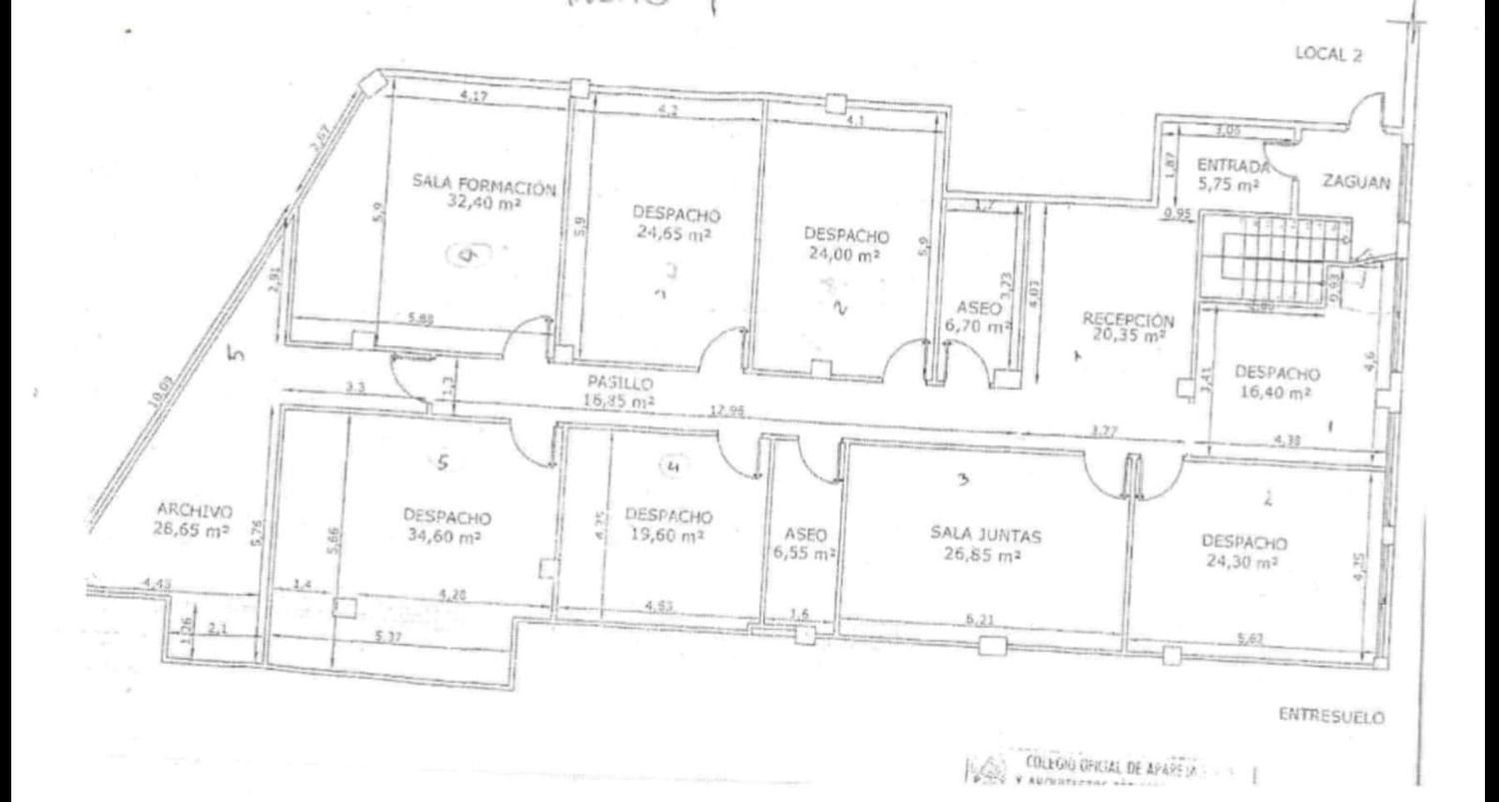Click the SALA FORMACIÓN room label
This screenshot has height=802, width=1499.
[484, 185]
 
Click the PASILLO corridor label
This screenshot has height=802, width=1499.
[620, 384]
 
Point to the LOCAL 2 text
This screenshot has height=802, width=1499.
[1328, 55]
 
